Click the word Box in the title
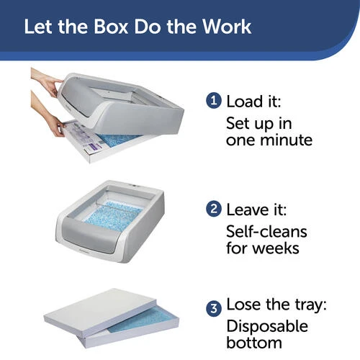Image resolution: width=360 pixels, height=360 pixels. [111, 27]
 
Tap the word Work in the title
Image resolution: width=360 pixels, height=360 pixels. [227, 27]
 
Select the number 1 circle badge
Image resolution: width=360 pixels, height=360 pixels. [214, 101]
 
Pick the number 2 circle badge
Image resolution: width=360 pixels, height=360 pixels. [214, 209]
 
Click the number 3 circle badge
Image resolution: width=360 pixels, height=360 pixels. [214, 308]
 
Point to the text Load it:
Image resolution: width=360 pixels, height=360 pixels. [253, 102]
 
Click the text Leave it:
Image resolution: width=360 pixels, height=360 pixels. [256, 210]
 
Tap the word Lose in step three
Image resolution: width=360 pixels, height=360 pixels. [244, 305]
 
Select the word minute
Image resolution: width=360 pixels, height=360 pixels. [287, 140]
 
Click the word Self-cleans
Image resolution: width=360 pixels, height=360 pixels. [266, 232]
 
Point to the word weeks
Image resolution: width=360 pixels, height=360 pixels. [276, 248]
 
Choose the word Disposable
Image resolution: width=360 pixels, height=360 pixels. [267, 326]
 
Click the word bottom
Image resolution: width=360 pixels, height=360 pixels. [254, 343]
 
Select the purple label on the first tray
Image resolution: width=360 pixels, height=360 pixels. [94, 146]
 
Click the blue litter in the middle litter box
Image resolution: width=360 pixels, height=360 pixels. [113, 216]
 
